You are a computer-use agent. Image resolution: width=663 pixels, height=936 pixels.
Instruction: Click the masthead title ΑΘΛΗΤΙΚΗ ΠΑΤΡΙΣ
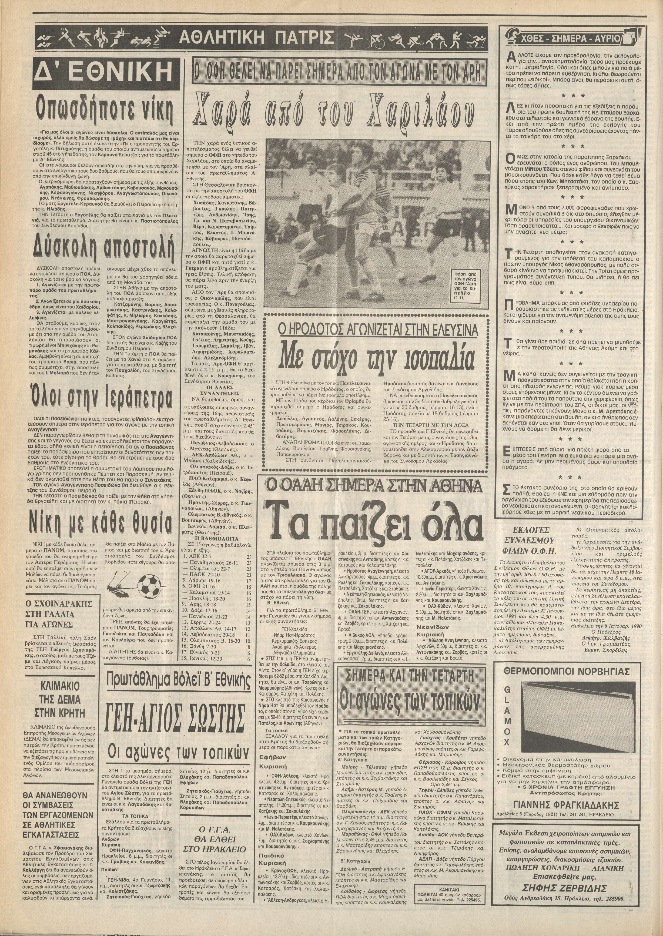click(256, 40)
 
